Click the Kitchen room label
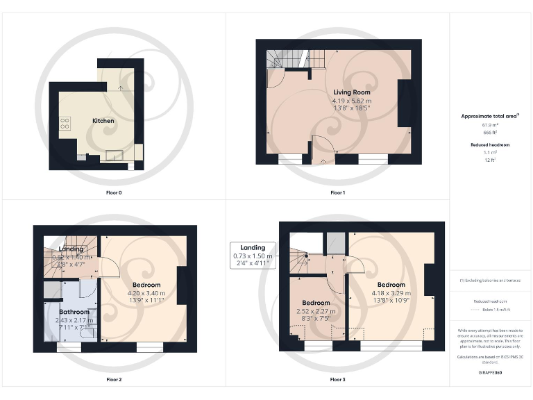pos(103,121)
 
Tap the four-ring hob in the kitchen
pos(65,123)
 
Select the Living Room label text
pos(351,92)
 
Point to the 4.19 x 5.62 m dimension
pos(351,101)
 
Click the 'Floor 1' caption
pos(337,192)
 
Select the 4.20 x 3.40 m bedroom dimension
pos(146,294)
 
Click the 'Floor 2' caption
pos(114,380)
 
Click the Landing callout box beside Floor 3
pos(253,256)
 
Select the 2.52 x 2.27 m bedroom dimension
pos(316,312)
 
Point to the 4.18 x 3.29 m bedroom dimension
pos(391,294)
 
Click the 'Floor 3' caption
pos(337,380)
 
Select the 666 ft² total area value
pos(491,131)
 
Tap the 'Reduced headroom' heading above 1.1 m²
pos(491,144)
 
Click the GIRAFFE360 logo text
pos(491,374)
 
